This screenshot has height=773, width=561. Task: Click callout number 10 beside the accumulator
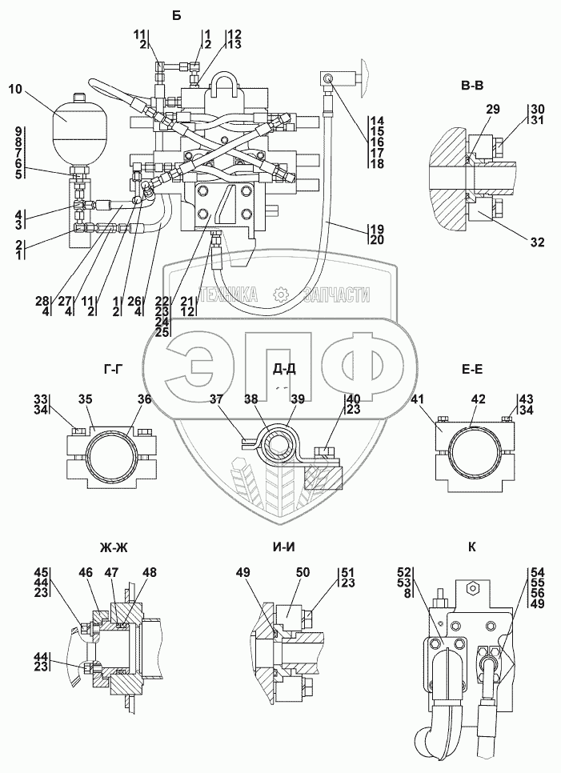point(15,90)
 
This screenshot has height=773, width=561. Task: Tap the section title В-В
point(472,86)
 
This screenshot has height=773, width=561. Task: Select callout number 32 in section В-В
point(538,242)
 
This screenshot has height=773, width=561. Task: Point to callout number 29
point(492,110)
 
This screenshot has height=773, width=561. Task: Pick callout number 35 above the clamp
point(86,399)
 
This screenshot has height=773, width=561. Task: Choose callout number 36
point(144,399)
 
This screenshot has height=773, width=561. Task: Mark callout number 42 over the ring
point(479,399)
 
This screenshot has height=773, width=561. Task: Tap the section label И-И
point(285,547)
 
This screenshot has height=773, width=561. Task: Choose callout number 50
point(303,572)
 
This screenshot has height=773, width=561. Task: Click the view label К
point(472,547)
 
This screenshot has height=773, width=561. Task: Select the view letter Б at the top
point(177,16)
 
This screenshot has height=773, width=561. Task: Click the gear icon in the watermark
point(280,294)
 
